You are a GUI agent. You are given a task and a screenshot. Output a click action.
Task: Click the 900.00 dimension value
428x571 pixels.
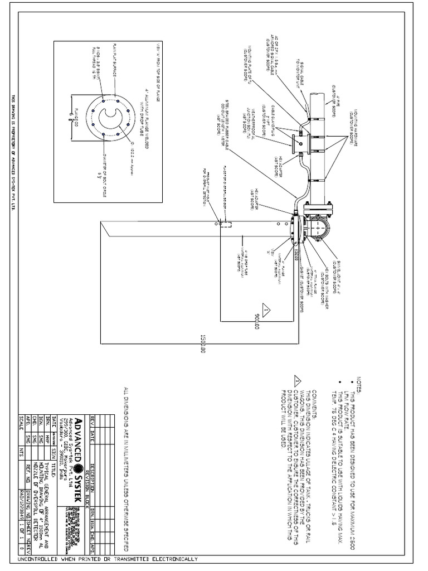(257, 320)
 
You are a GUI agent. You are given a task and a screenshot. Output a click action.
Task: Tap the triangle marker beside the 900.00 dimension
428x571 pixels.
(266, 309)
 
